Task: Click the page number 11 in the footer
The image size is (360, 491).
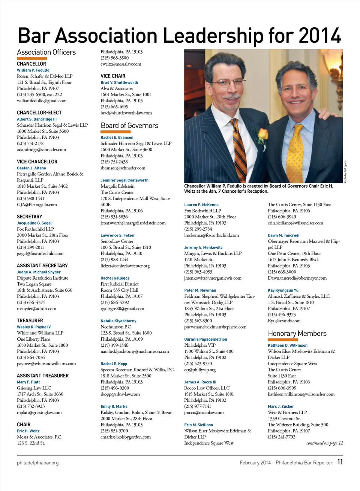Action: (340, 462)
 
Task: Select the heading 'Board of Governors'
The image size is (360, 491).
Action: (129, 126)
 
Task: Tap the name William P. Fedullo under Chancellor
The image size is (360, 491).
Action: (33, 70)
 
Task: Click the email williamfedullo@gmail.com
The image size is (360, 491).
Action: (42, 100)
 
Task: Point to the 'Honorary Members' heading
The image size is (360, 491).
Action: (297, 333)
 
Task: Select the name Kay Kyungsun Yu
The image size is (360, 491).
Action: (283, 290)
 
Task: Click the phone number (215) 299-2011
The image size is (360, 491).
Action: (30, 247)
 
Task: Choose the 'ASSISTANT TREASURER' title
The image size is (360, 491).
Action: (43, 376)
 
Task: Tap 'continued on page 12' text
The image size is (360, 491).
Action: (324, 443)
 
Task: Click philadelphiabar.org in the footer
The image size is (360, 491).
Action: (37, 463)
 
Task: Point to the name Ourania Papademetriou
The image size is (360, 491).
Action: (205, 339)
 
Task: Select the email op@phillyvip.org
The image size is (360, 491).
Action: (200, 370)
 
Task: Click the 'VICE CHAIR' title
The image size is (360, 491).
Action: (113, 76)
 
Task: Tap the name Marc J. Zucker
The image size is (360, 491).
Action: (281, 406)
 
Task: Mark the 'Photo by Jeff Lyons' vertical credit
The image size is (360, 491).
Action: (345, 172)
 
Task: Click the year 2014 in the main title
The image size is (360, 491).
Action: (320, 36)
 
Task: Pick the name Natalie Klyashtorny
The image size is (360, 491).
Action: (118, 321)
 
